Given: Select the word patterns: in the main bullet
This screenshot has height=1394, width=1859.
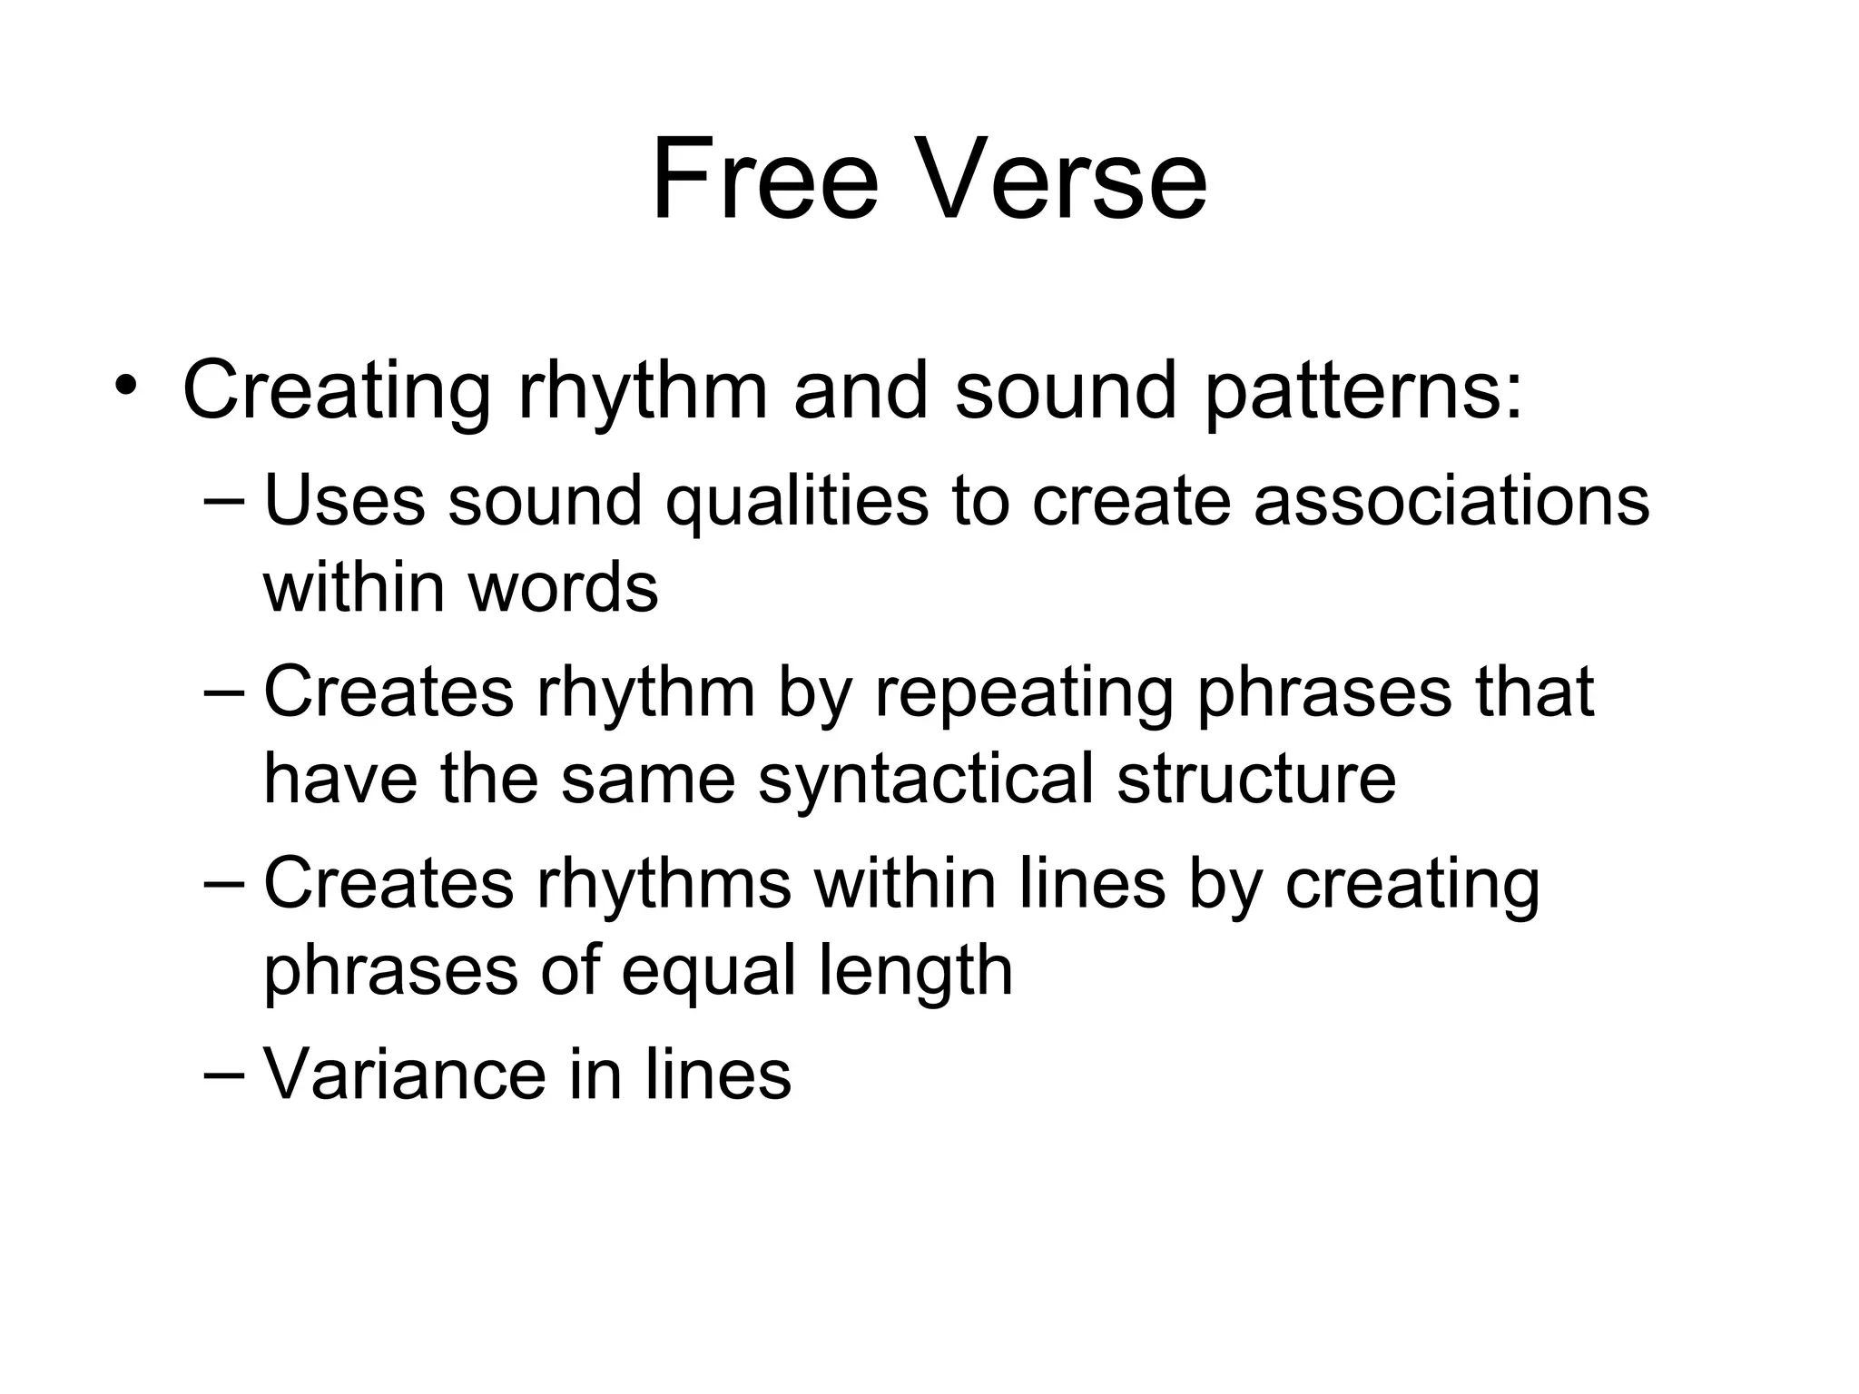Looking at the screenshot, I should [x=1362, y=392].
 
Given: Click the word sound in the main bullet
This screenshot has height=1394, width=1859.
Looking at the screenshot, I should [x=1065, y=390].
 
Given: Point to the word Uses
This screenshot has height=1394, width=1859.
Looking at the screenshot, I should [x=343, y=501].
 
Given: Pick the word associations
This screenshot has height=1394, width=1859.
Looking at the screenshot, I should [x=1451, y=501].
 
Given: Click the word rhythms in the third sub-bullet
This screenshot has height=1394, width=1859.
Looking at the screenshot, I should [x=663, y=884].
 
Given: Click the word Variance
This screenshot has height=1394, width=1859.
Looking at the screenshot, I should [x=405, y=1075].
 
